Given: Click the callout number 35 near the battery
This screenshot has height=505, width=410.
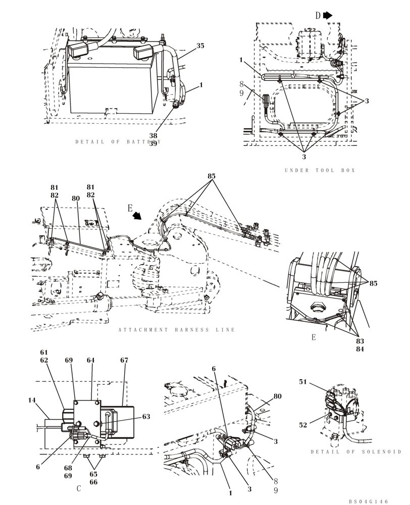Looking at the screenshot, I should coord(200,46).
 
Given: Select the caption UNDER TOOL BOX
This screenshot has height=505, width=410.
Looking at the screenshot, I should coord(320,171).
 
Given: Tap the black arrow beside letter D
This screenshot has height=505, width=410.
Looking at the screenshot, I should coord(328,16).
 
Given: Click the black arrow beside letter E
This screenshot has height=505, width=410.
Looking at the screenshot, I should coord(136,216).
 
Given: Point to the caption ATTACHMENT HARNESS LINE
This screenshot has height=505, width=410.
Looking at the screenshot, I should coord(177,330).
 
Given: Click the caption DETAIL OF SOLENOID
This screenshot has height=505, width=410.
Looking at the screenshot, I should coord(355,451).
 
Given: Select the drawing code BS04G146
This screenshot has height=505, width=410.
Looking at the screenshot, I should coord(368,501).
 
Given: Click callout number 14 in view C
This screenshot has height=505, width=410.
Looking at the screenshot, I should coord(32,400).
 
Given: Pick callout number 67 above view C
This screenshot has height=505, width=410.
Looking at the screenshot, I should coord(124,361).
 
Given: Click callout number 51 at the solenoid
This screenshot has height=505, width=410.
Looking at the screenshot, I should coord(317,382).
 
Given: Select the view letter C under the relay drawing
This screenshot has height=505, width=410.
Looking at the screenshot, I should coord(79,488).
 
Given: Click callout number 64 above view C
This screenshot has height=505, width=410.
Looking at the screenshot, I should coord(90,361).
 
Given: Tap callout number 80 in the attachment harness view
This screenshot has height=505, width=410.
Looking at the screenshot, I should coord(76,198).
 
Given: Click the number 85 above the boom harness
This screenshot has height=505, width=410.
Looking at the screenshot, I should coord(211,177).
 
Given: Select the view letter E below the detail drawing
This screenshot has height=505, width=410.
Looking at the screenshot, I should coord(314,337).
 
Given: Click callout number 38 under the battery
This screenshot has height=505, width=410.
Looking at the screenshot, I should coord(153,136).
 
